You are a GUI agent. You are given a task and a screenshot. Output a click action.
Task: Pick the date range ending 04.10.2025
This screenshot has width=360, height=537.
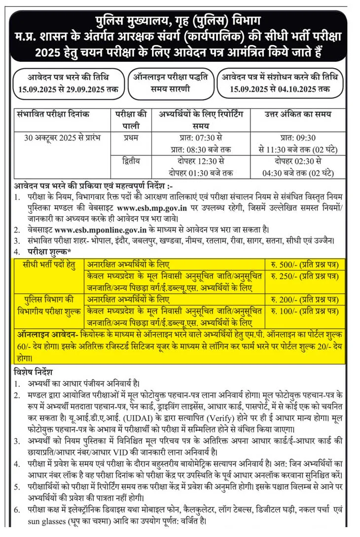click(279, 89)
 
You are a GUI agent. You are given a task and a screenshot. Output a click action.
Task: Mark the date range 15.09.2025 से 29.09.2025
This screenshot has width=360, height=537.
click(68, 89)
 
